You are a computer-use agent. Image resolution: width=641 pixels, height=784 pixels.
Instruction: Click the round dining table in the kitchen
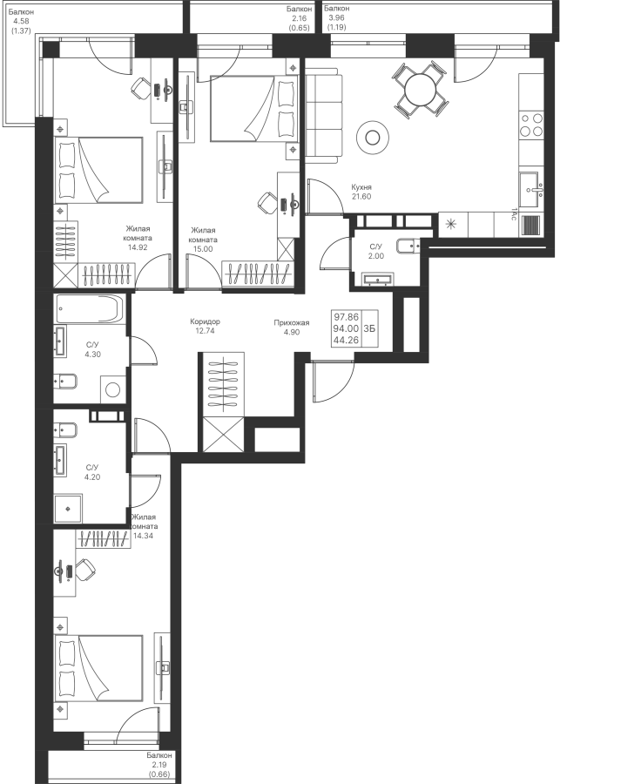click(421, 90)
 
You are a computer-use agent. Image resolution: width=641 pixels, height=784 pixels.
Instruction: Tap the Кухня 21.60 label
click(361, 192)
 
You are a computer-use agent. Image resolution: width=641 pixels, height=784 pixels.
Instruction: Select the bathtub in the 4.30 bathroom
click(90, 309)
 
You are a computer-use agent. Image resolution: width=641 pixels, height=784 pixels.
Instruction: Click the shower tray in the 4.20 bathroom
click(68, 509)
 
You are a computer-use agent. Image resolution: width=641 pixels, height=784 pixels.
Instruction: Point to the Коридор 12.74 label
click(205, 326)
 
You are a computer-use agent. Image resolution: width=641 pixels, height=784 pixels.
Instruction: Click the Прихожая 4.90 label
click(292, 328)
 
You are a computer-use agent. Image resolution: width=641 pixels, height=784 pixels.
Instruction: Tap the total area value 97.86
click(347, 317)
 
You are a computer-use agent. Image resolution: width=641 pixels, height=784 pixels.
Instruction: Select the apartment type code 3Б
click(369, 328)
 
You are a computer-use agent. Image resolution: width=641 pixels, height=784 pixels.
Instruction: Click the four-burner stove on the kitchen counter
click(531, 125)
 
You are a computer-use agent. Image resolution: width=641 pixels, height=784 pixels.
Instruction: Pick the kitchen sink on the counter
click(530, 189)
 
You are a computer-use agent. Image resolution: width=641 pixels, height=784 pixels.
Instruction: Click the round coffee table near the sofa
click(373, 137)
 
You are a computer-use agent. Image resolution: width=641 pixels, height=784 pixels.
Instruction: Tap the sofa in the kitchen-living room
click(323, 118)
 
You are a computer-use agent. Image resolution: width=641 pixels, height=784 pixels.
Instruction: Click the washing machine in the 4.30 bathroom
click(113, 389)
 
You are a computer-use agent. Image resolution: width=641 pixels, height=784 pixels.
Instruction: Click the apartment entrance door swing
click(333, 381)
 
